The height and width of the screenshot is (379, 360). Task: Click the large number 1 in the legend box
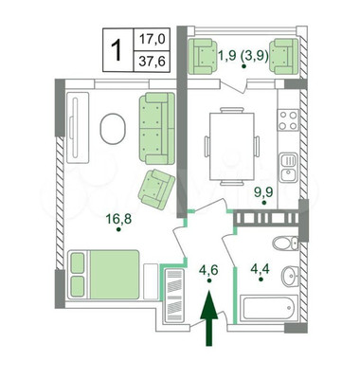(117, 49)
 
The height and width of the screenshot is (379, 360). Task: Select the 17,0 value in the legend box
(153, 40)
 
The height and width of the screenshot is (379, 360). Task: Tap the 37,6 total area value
(153, 61)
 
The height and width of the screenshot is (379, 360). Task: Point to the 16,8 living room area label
(118, 219)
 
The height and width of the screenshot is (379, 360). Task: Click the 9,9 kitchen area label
(264, 191)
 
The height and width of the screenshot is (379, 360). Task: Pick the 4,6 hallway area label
(208, 270)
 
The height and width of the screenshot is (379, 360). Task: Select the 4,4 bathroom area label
(261, 269)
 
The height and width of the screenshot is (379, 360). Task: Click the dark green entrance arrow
(208, 318)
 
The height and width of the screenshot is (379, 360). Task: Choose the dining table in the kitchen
(232, 146)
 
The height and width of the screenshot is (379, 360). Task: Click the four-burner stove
(288, 120)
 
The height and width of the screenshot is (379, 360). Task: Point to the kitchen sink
(288, 168)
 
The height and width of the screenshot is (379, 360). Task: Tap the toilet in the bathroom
(285, 244)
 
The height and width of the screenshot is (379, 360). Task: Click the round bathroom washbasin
(290, 276)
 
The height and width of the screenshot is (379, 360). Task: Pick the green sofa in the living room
(157, 128)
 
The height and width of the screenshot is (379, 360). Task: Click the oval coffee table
(113, 129)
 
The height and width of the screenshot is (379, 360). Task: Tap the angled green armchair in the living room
(156, 189)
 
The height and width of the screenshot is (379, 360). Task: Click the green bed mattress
(115, 275)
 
